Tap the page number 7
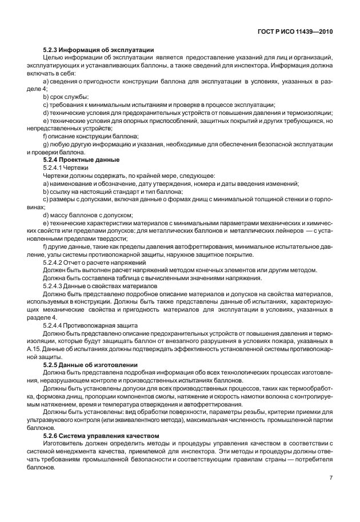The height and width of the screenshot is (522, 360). pyautogui.click(x=331, y=478)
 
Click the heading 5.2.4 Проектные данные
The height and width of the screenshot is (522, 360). pyautogui.click(x=81, y=160)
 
